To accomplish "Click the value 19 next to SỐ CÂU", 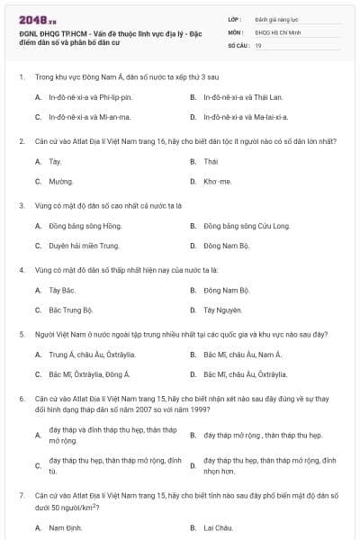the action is tap(258, 44).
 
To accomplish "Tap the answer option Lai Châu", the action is tap(218, 526).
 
